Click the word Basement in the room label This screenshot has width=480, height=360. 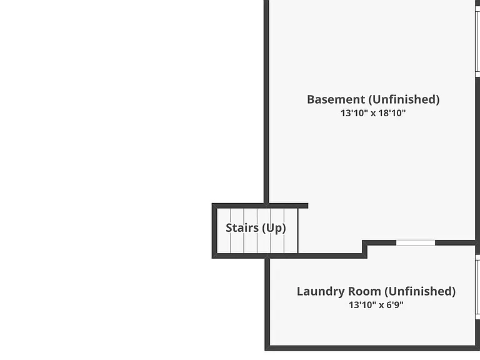[x=336, y=99]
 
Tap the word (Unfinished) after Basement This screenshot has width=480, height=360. [x=404, y=100]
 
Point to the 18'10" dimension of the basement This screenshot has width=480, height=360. [x=392, y=113]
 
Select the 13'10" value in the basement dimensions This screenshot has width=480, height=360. [x=354, y=113]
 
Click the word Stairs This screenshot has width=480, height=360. [x=242, y=227]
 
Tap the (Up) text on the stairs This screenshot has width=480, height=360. [x=274, y=228]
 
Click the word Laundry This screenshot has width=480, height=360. [x=316, y=291]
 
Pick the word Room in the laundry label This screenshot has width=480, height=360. [x=360, y=291]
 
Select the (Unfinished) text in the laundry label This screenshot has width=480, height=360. [x=420, y=291]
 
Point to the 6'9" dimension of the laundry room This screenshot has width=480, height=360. [x=395, y=305]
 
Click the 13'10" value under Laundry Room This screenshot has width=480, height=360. [x=362, y=305]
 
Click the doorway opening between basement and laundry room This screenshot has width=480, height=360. [x=416, y=242]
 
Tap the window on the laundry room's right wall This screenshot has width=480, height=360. [x=477, y=287]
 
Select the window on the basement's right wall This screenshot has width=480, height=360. [x=477, y=41]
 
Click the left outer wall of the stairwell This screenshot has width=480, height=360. [x=214, y=231]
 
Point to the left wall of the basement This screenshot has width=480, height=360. [x=266, y=102]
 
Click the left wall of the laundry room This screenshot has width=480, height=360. [x=267, y=303]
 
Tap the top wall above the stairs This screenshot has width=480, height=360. [x=260, y=206]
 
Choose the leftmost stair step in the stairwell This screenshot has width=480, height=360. [x=224, y=231]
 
